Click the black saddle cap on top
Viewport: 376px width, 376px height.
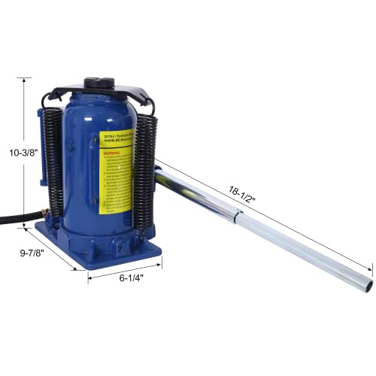(x=99, y=82)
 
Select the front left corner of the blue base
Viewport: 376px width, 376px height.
(x=74, y=265)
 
